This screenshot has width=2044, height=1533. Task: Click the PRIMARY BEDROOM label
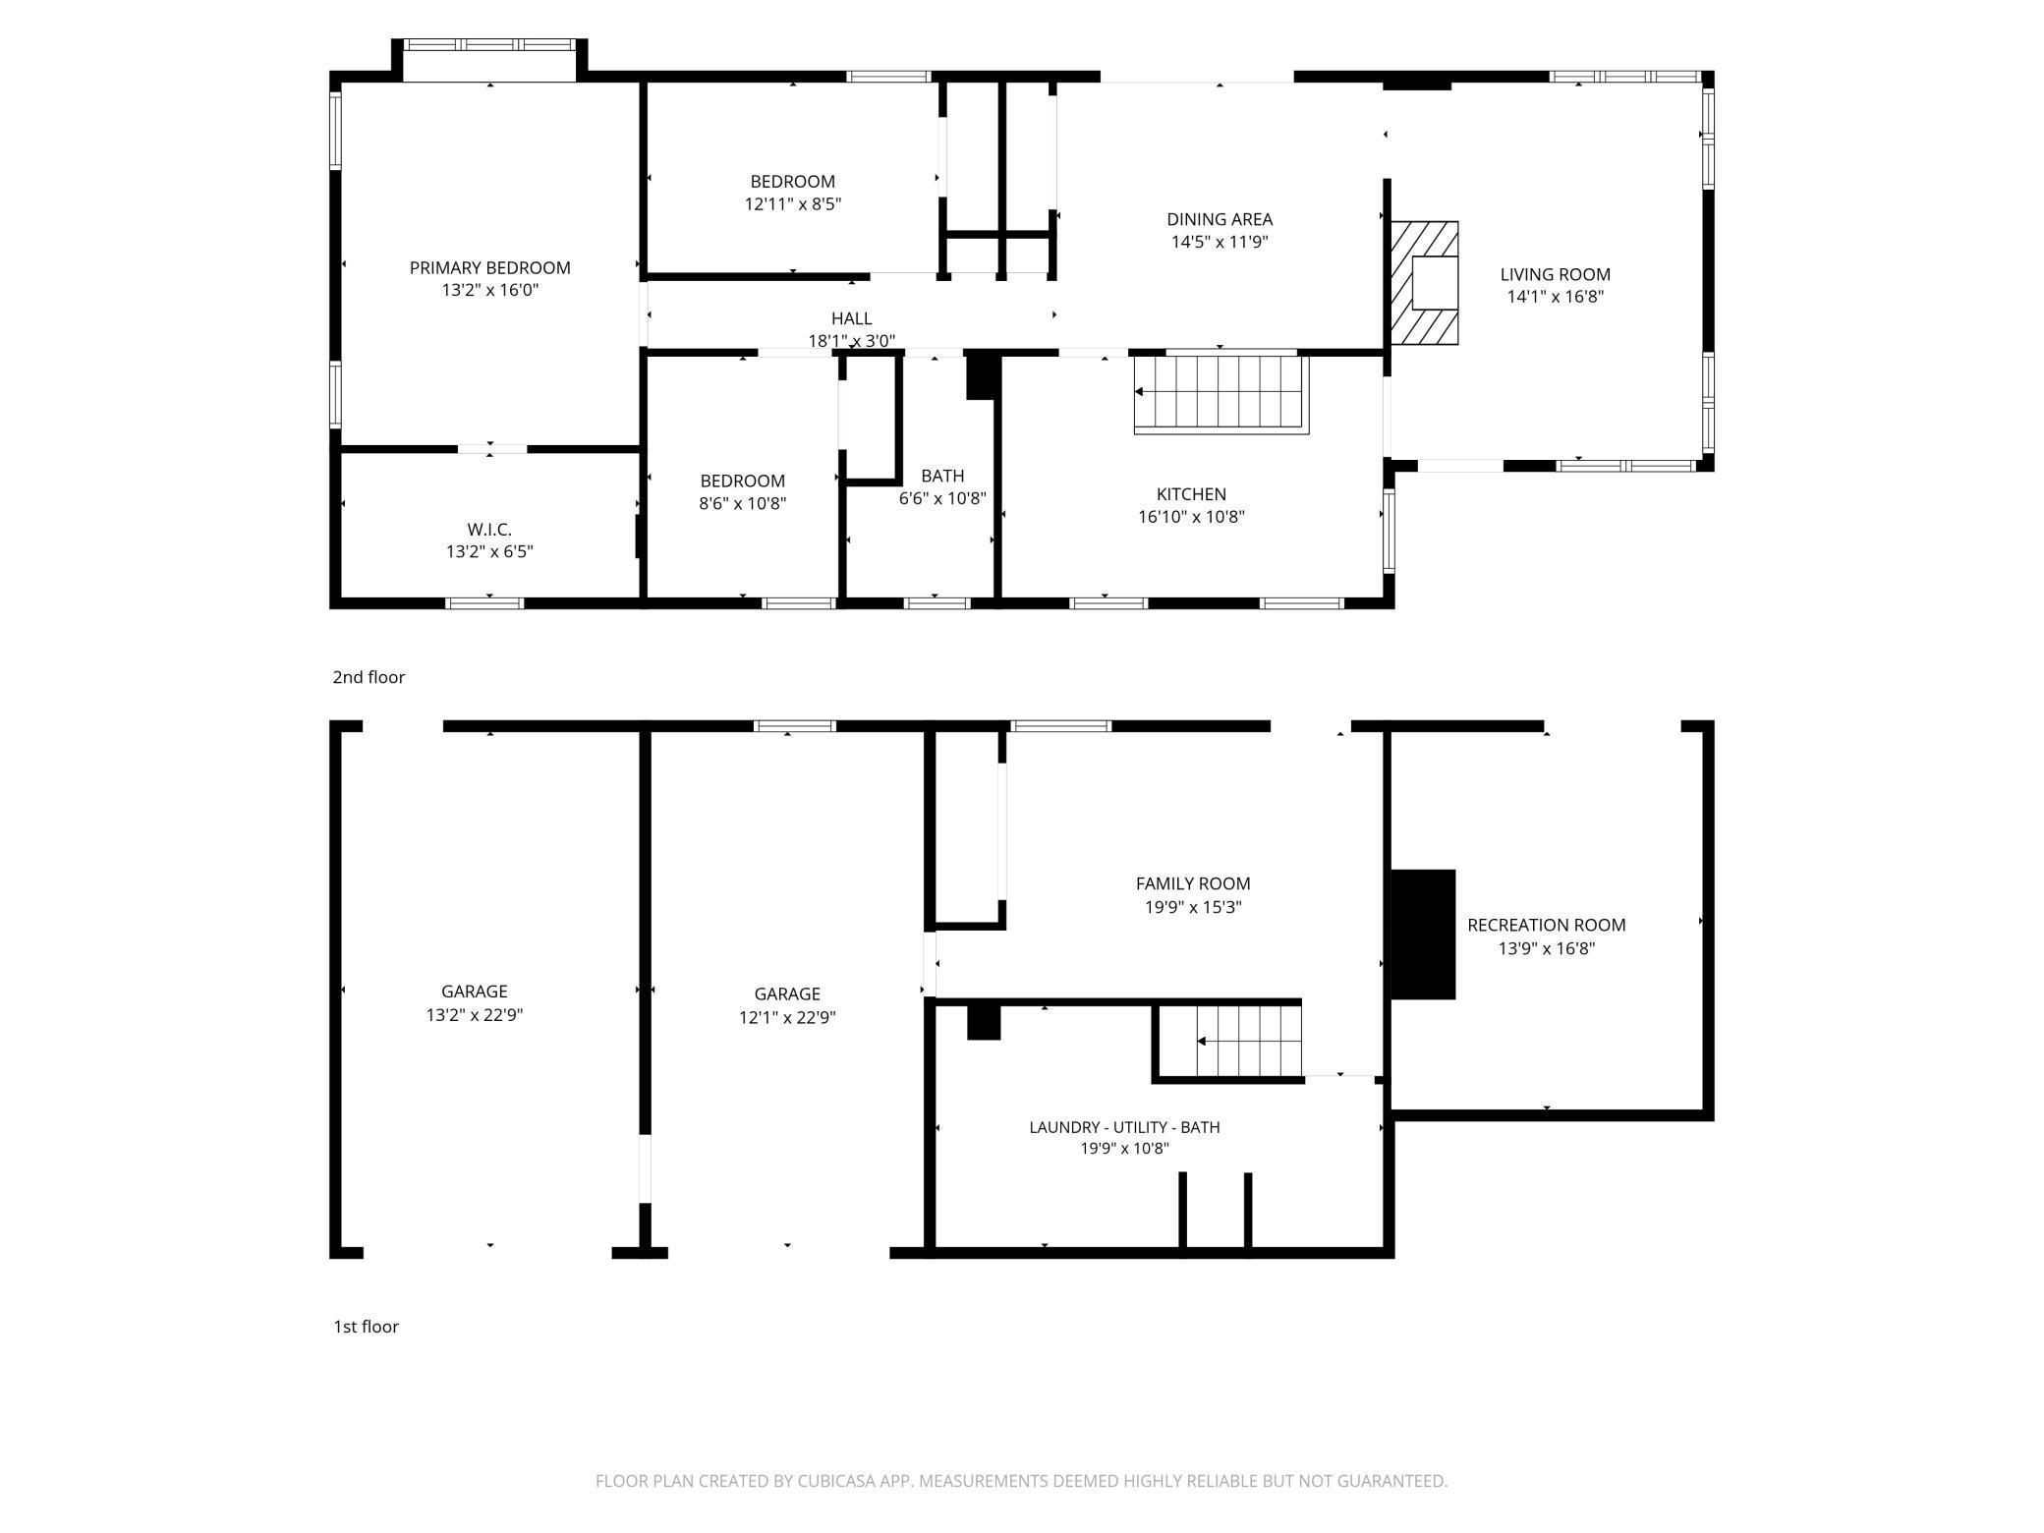(489, 267)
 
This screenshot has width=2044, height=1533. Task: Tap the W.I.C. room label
(489, 530)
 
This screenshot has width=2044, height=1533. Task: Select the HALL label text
(851, 318)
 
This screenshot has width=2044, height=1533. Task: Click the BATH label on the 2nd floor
(942, 476)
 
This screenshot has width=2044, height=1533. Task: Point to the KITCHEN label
(1191, 494)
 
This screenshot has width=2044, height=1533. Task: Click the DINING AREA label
(1220, 219)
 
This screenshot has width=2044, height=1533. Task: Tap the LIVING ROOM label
(1556, 274)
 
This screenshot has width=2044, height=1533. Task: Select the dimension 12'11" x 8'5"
(792, 204)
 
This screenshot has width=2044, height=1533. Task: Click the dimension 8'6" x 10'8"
(743, 504)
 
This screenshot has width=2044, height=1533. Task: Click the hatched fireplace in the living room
(1423, 283)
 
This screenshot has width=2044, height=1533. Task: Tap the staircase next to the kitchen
(1221, 393)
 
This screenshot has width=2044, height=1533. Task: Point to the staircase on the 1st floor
(1228, 1042)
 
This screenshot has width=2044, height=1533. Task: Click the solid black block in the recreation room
(1423, 935)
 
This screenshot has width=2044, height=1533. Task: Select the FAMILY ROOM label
(1193, 883)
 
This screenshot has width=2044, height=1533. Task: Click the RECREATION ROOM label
(1546, 925)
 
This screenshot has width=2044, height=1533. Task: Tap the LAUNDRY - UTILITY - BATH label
(1124, 1127)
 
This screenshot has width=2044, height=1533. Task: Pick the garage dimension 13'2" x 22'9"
(474, 1015)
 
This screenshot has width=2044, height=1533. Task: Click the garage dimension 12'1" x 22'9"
(787, 1017)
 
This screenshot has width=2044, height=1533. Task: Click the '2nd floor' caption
(369, 677)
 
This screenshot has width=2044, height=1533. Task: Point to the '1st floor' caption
(366, 1327)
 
